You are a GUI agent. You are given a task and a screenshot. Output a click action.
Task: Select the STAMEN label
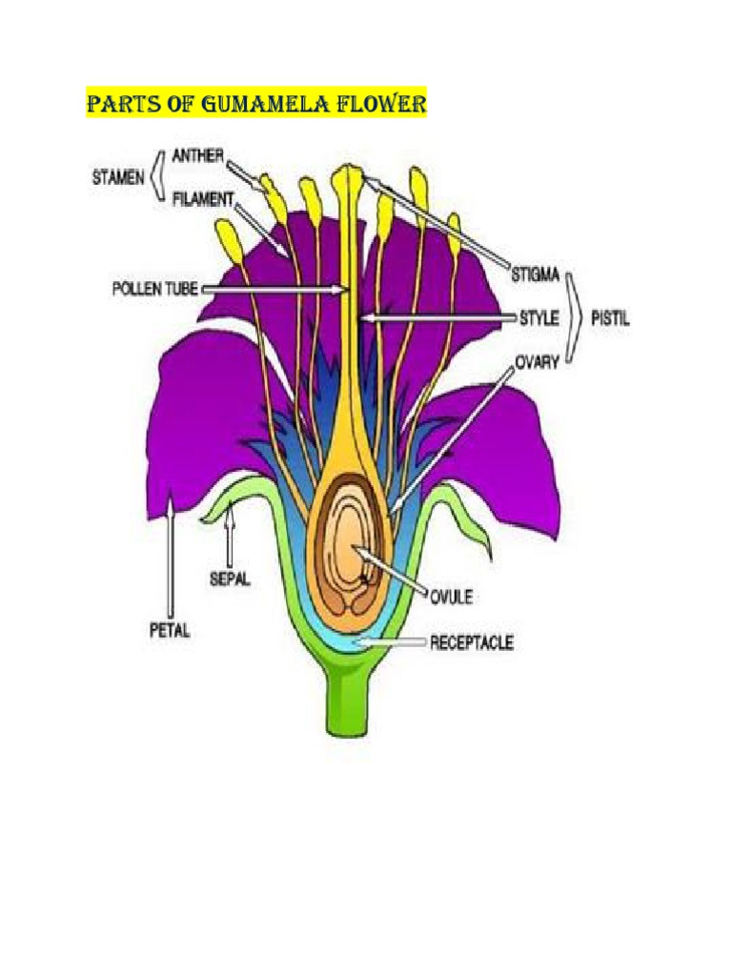point(117,176)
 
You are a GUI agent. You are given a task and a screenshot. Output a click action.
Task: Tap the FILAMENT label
point(203,199)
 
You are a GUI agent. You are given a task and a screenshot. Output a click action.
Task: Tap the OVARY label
point(539,362)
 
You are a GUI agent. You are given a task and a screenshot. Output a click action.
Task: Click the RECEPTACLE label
point(471,642)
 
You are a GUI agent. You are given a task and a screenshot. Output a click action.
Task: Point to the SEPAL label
point(229,578)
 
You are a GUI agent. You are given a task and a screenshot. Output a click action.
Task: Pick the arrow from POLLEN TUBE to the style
point(272,288)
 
